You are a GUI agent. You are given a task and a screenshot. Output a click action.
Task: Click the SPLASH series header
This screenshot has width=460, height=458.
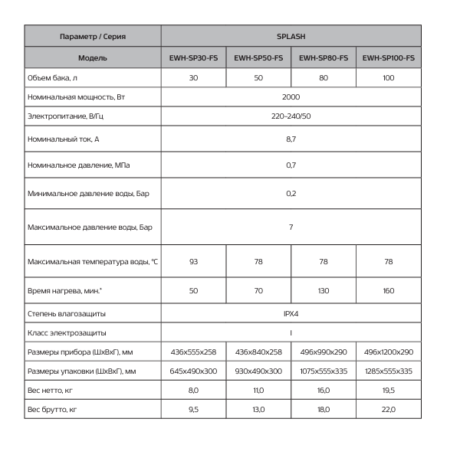click(291, 36)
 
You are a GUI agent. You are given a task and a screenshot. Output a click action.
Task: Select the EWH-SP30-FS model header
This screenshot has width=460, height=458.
click(193, 57)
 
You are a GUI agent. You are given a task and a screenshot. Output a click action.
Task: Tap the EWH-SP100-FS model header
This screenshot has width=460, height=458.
click(388, 57)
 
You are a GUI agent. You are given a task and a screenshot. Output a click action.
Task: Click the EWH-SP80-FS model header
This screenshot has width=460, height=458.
click(324, 57)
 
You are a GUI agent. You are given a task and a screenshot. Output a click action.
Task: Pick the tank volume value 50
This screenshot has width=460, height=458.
click(258, 78)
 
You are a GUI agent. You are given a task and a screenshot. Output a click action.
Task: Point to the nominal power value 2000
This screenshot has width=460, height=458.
click(291, 97)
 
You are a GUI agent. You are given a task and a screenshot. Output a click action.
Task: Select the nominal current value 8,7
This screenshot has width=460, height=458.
click(291, 139)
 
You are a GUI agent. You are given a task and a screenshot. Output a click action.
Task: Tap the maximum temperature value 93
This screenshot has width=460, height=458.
click(193, 262)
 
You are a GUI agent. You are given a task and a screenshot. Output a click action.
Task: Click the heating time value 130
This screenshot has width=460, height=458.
click(324, 292)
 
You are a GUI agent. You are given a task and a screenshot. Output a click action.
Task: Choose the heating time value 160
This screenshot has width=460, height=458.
click(388, 292)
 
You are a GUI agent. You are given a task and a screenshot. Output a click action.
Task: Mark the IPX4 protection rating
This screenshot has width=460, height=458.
click(291, 314)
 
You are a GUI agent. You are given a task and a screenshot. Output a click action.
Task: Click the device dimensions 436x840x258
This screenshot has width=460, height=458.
click(258, 352)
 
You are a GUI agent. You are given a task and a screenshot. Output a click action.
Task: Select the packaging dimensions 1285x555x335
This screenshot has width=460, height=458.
click(388, 371)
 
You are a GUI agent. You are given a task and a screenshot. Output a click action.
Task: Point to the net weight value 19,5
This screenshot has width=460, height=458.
click(388, 391)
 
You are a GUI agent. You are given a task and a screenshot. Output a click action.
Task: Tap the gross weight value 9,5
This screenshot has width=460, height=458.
click(193, 410)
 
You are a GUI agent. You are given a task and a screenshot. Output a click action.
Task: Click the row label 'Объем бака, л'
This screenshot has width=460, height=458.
click(53, 78)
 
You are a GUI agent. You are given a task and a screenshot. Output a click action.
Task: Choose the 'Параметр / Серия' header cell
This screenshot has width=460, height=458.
click(92, 36)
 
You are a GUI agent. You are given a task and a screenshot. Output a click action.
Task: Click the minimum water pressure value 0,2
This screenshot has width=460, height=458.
click(291, 194)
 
